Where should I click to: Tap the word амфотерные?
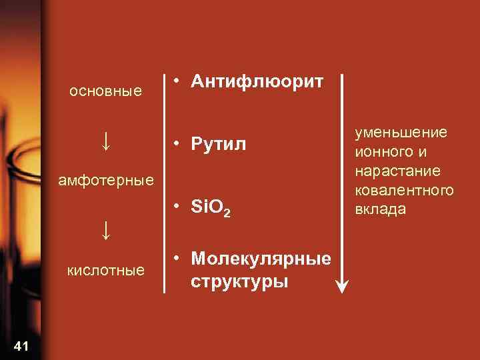click(106, 180)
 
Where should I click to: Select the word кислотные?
click(106, 270)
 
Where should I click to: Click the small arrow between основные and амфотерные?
click(106, 141)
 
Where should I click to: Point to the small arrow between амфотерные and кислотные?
click(106, 230)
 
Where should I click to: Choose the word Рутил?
click(219, 143)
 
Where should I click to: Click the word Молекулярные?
click(260, 259)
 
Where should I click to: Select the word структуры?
click(239, 281)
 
